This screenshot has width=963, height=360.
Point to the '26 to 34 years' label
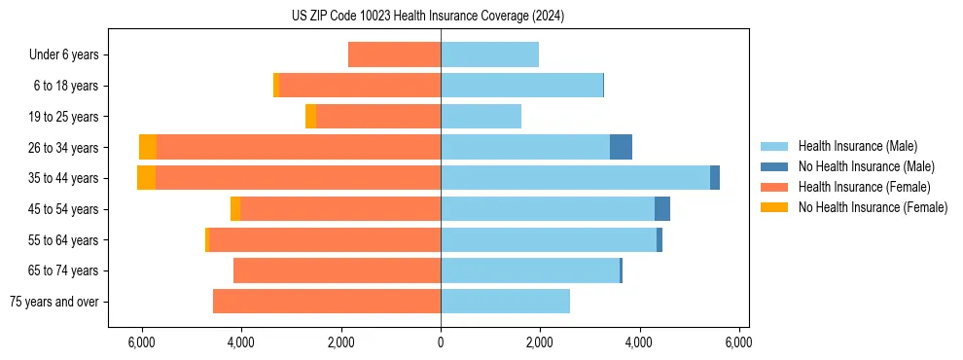[63, 148]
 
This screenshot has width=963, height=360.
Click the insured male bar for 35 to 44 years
[575, 178]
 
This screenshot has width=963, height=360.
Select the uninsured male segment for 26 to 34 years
[621, 147]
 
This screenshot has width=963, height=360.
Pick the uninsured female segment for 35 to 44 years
[146, 178]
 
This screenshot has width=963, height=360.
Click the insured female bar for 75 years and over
[327, 302]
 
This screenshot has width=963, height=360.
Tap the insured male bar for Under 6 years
[489, 55]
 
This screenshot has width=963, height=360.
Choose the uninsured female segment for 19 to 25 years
[310, 117]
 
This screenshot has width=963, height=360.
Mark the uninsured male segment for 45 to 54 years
[662, 209]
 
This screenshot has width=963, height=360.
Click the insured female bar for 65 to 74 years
[337, 270]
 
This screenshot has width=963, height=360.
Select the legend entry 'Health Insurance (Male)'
[857, 147]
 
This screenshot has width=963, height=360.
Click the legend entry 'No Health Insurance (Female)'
[873, 207]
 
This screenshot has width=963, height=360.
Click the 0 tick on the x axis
[441, 342]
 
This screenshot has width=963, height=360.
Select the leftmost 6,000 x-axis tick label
[142, 342]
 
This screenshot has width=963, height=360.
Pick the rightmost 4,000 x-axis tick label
[639, 342]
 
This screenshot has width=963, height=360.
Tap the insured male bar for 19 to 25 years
[481, 117]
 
